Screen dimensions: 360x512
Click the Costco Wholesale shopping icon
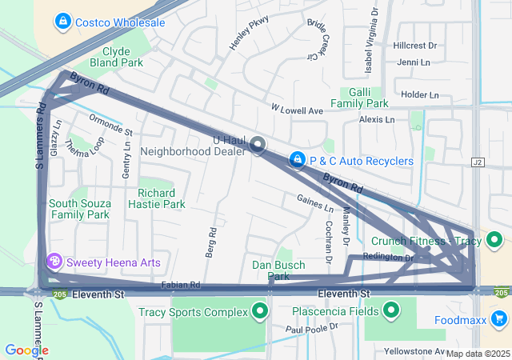(x=64, y=22)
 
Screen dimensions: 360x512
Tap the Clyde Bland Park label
(x=116, y=56)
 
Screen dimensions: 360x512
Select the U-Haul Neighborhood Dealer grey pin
(x=258, y=145)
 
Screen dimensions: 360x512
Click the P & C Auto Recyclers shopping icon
(x=298, y=161)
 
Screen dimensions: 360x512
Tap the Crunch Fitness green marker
(x=496, y=240)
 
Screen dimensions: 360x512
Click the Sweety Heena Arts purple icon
(x=54, y=262)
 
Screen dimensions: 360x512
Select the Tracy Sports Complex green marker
(x=259, y=311)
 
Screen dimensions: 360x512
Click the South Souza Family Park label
(x=78, y=209)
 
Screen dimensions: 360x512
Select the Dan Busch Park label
(x=278, y=270)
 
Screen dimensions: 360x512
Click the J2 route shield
(x=478, y=162)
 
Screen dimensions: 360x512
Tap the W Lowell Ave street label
(x=296, y=109)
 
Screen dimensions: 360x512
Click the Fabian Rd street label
(x=180, y=285)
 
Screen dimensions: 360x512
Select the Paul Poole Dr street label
(x=312, y=328)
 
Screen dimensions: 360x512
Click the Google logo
(x=26, y=350)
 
